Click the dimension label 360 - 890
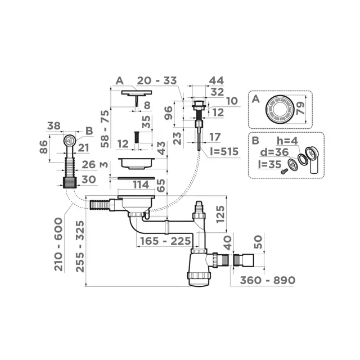click(268, 280)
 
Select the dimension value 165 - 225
click(160, 242)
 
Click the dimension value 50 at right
click(258, 242)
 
